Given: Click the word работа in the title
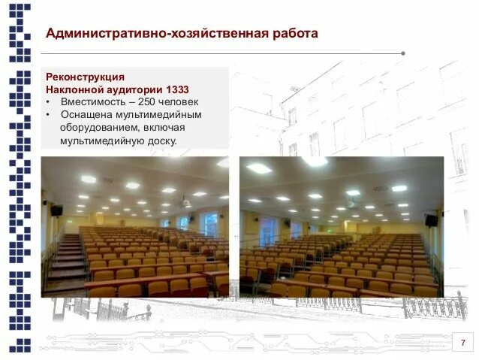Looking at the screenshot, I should [x=289, y=33].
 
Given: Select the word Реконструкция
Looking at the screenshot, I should [x=86, y=77].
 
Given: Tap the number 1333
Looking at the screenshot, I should [x=173, y=89].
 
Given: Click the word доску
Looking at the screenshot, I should [x=161, y=140].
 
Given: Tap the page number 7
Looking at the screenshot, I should [x=462, y=343].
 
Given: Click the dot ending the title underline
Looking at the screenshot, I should [x=403, y=53].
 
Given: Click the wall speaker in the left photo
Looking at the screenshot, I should [x=56, y=210].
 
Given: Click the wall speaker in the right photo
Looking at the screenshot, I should [x=431, y=219].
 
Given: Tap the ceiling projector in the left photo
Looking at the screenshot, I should [x=185, y=203].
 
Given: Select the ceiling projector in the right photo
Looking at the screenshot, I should [x=351, y=203].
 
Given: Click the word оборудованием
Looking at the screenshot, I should [x=100, y=127].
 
